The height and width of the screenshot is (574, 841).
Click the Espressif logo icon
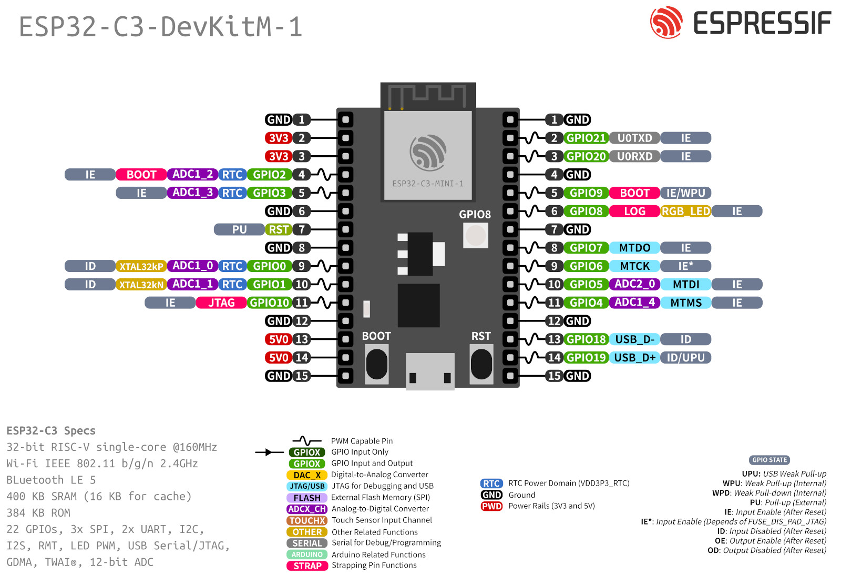666,23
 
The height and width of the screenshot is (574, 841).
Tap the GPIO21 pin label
586,138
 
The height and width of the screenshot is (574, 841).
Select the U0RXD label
634,156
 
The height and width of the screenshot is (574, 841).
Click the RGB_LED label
685,211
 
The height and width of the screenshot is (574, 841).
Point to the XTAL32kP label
141,266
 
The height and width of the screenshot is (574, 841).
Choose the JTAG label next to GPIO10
221,303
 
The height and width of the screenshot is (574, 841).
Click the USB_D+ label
634,358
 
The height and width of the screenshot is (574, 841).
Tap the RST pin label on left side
278,229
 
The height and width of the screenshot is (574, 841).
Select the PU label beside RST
239,229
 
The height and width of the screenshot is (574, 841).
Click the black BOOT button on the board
376,364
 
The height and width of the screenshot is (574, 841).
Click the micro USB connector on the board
430,371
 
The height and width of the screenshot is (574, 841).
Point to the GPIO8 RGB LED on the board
475,235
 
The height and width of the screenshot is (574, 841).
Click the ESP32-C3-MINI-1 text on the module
428,184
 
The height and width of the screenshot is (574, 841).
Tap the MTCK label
634,266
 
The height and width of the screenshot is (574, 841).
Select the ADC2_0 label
634,284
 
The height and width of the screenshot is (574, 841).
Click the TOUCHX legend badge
307,520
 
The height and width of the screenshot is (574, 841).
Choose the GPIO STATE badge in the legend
770,460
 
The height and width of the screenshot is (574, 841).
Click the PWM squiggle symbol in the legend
307,440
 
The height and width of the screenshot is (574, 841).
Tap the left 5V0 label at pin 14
278,358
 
